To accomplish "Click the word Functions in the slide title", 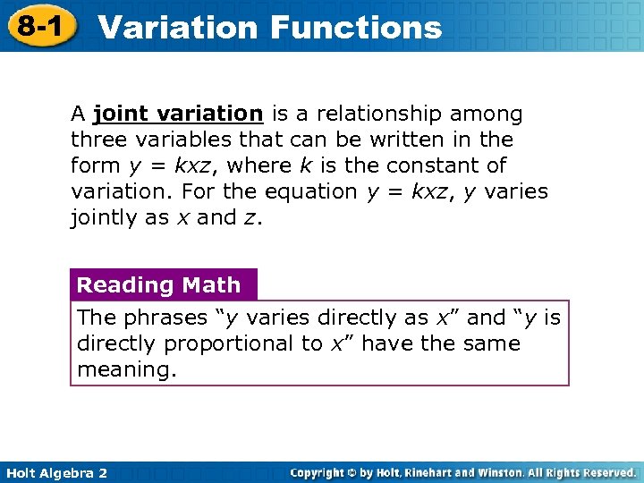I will [x=355, y=27].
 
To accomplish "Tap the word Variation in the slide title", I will [x=177, y=27].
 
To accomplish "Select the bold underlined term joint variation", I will [x=177, y=114].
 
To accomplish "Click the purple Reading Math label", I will [x=159, y=285].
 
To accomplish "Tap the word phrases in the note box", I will [x=157, y=318].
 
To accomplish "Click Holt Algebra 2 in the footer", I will [x=55, y=472].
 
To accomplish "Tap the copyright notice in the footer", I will [x=463, y=472].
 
